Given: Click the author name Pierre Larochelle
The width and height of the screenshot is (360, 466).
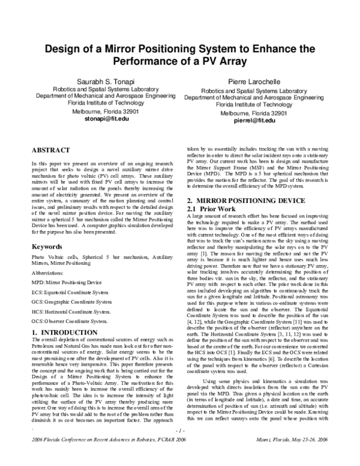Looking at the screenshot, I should [x=251, y=81].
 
